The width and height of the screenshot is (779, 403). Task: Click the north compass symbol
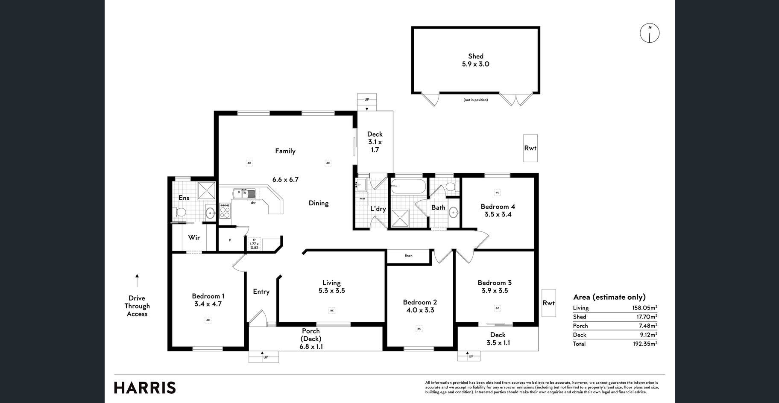tap(650, 33)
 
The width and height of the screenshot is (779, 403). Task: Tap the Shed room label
tap(476, 56)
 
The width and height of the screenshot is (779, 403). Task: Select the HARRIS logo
tap(145, 388)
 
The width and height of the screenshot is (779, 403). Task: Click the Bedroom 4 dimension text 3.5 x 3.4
tap(498, 214)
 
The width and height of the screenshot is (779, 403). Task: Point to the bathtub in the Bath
tap(409, 187)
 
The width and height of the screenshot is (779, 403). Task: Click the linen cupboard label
tap(409, 256)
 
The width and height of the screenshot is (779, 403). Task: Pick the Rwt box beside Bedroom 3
tap(549, 303)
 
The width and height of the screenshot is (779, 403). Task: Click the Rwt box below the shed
tap(530, 148)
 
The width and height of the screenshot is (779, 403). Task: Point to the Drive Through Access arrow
tap(137, 280)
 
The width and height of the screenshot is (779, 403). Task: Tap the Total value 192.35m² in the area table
tap(645, 344)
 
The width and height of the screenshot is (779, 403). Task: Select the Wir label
tap(194, 237)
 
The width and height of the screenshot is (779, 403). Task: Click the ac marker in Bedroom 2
tap(419, 329)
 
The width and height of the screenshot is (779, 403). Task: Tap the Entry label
tap(261, 292)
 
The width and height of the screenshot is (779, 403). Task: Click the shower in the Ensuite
tap(206, 190)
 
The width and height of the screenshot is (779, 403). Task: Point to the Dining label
tap(319, 203)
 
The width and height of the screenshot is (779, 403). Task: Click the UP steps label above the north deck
tap(367, 99)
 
